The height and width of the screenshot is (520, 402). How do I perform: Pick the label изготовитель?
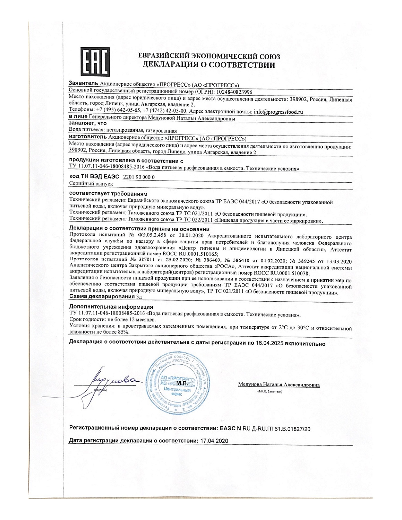[88, 138]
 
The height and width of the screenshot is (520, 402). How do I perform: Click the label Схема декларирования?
[101, 297]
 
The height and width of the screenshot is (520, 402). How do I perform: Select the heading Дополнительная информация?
[111, 307]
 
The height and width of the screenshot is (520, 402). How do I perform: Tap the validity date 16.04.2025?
[270, 344]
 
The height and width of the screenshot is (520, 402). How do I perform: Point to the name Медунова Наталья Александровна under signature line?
[279, 384]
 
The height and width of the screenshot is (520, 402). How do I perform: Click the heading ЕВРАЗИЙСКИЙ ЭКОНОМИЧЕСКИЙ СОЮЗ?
[209, 56]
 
